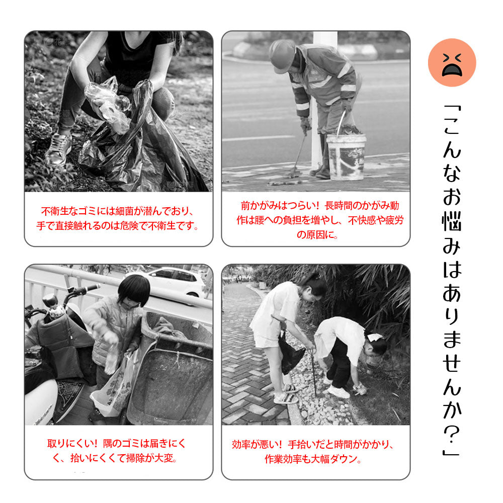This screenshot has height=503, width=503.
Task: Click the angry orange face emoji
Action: [452, 62]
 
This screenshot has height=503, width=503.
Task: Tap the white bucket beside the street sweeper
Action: [346, 157]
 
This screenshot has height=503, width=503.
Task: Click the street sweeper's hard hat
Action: [282, 56]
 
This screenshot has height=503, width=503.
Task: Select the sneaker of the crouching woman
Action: [58, 150]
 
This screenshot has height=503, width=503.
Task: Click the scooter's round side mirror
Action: [50, 301]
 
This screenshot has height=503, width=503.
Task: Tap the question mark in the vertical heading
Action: [452, 435]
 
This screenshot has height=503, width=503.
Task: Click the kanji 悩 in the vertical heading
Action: [452, 221]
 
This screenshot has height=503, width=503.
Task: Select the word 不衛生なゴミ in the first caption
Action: [64, 211]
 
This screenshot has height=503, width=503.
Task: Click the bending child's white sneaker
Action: [339, 392]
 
